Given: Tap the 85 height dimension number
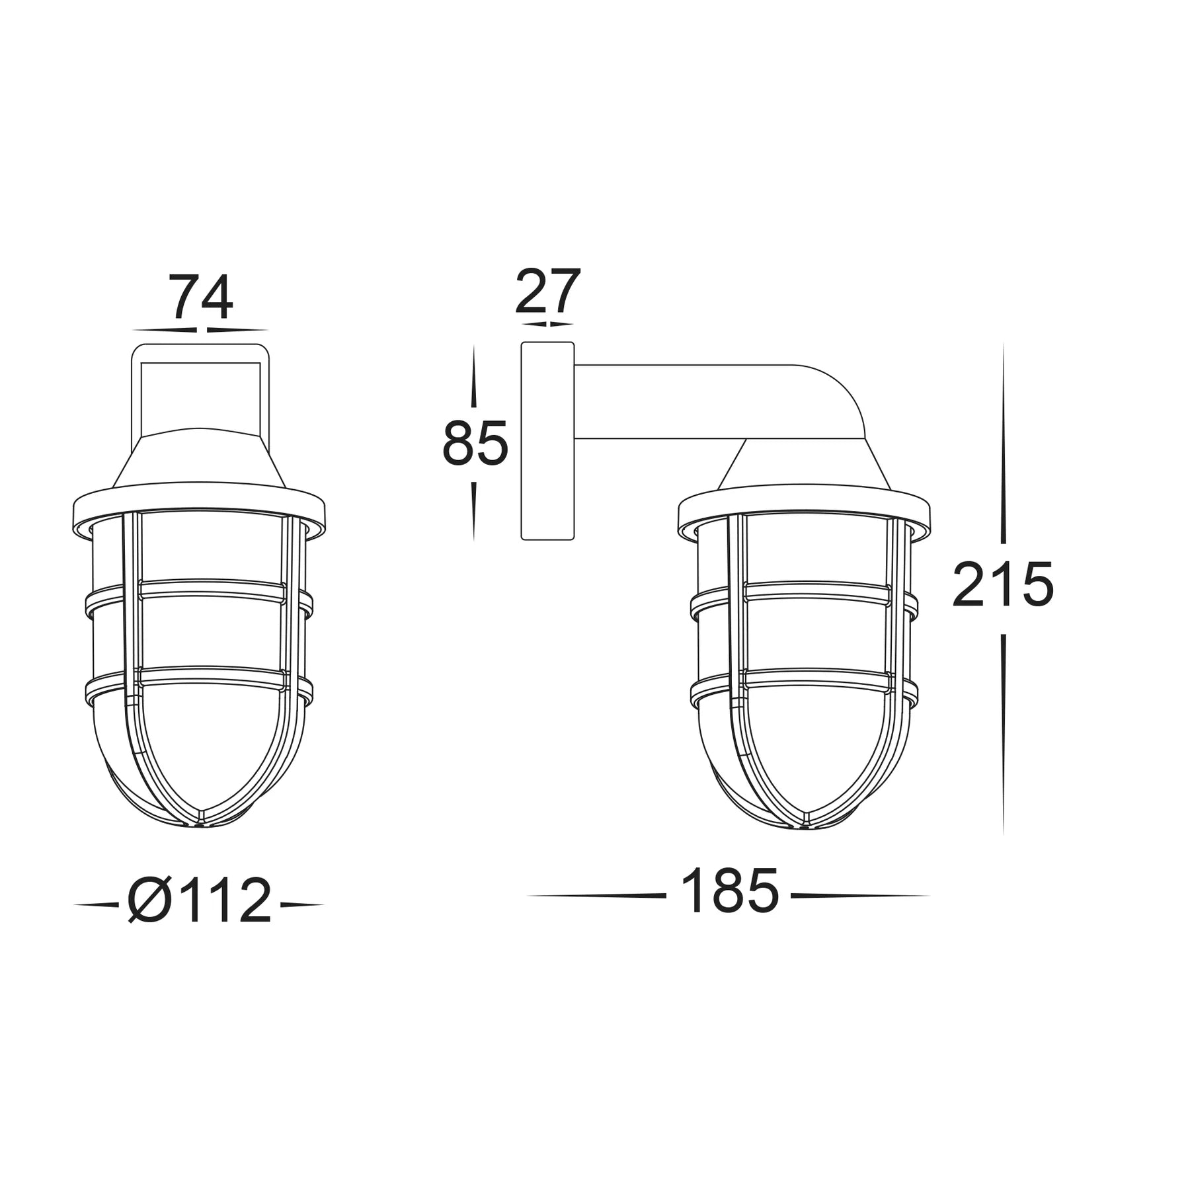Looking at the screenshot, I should pyautogui.click(x=475, y=443).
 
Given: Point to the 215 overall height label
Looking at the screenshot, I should pyautogui.click(x=1002, y=585).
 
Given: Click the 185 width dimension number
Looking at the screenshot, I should pyautogui.click(x=729, y=892).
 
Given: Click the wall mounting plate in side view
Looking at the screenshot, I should pyautogui.click(x=547, y=441).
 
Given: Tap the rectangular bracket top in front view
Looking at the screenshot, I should pyautogui.click(x=200, y=353).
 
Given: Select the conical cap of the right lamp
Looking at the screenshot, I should pyautogui.click(x=805, y=466).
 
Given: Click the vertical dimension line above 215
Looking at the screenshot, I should pyautogui.click(x=1003, y=443).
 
